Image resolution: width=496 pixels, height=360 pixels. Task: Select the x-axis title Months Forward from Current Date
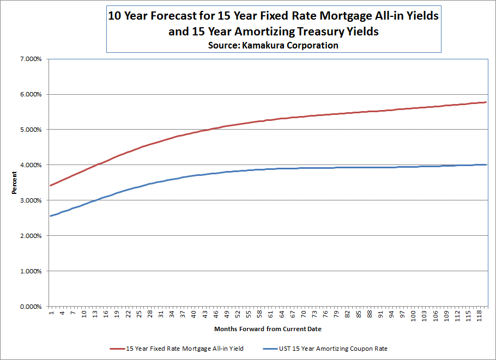[268, 329]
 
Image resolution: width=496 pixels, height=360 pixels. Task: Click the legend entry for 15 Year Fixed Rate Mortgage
[185, 349]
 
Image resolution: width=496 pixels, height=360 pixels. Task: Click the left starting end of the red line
[51, 185]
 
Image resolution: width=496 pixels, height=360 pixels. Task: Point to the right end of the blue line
[486, 164]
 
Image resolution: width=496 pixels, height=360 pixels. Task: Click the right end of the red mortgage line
[486, 102]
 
